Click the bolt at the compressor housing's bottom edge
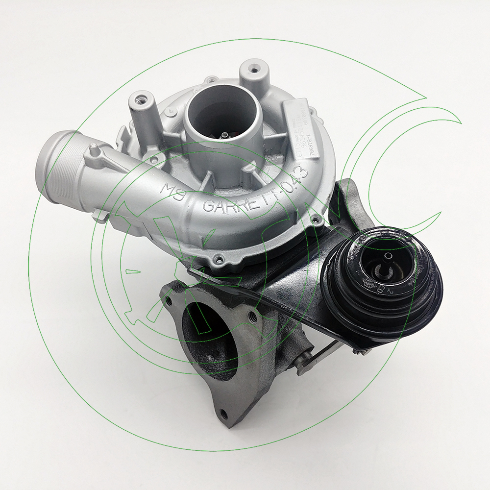click(x=219, y=258)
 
